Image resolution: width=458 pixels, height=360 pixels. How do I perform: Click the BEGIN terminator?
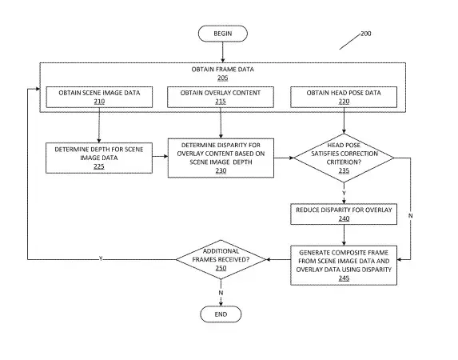[223, 34]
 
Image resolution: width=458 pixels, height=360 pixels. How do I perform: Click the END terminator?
[221, 314]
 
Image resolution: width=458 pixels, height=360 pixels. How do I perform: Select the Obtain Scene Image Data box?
[99, 97]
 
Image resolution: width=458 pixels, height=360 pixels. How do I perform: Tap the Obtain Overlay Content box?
[221, 97]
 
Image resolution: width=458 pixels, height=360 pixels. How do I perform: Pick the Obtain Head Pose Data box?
[344, 97]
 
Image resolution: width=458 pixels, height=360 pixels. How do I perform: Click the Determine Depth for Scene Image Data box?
[99, 158]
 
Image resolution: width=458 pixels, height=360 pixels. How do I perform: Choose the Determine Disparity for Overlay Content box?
[221, 158]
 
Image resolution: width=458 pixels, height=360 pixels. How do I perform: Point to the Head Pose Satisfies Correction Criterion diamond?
[344, 158]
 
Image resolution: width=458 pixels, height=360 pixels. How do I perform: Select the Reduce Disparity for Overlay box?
[344, 214]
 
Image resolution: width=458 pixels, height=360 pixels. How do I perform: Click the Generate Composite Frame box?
[344, 266]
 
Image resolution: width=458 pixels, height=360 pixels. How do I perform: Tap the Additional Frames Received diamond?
[221, 259]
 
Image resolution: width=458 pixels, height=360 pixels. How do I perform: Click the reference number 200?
[366, 34]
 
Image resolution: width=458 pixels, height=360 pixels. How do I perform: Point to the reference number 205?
[222, 78]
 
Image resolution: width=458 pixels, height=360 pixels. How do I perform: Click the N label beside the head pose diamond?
[410, 215]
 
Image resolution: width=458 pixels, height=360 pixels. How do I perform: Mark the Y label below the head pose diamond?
[344, 193]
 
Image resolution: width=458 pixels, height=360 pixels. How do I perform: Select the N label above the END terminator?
[221, 293]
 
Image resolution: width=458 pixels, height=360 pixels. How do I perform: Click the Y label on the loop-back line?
[101, 258]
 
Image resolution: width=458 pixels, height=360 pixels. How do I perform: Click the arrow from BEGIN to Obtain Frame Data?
[223, 52]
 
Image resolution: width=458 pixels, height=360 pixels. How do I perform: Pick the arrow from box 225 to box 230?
[160, 156]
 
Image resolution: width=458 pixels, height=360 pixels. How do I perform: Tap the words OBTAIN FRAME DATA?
[222, 70]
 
